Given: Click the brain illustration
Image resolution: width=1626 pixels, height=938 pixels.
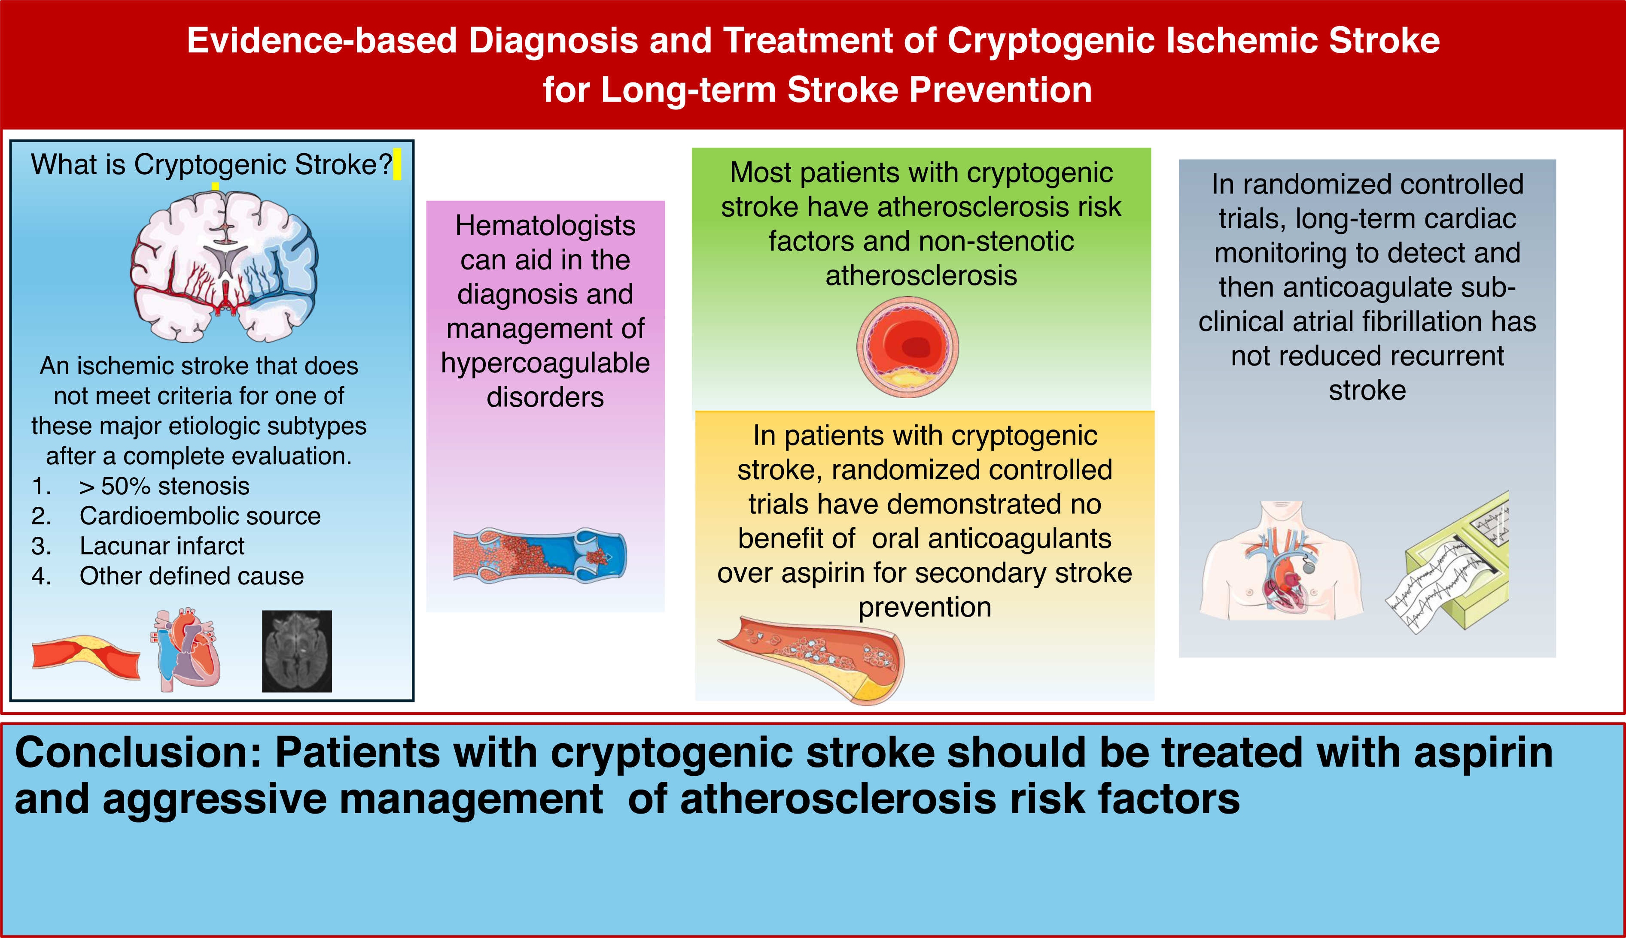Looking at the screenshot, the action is pyautogui.click(x=224, y=266).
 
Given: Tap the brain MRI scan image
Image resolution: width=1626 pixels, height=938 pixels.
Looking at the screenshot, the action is pyautogui.click(x=297, y=651).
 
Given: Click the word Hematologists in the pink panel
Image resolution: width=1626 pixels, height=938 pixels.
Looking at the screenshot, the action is pyautogui.click(x=545, y=225).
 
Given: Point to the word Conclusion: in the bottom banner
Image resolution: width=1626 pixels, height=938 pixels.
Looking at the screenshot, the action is pyautogui.click(x=138, y=753).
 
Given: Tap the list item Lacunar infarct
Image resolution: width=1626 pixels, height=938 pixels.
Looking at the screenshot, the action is pyautogui.click(x=162, y=546).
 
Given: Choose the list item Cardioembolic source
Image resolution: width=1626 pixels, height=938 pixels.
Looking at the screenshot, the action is pyautogui.click(x=200, y=516).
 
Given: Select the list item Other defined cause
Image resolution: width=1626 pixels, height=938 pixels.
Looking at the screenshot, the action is pyautogui.click(x=192, y=576).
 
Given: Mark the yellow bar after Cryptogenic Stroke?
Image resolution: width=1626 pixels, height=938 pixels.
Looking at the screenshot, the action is pyautogui.click(x=397, y=164).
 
